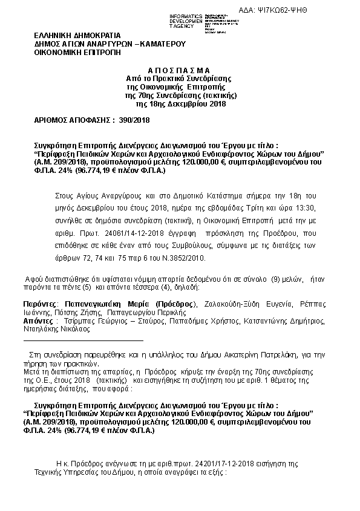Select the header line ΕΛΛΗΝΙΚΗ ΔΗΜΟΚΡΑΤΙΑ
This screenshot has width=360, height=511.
(x=77, y=36)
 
